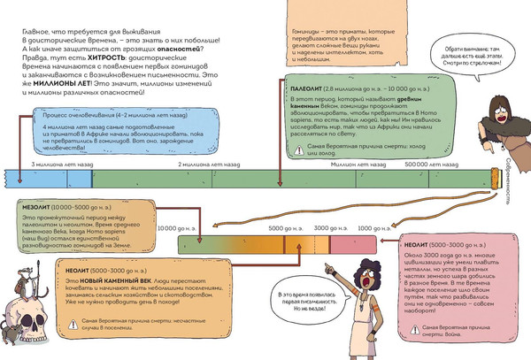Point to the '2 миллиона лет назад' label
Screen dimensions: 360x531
(204, 165)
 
